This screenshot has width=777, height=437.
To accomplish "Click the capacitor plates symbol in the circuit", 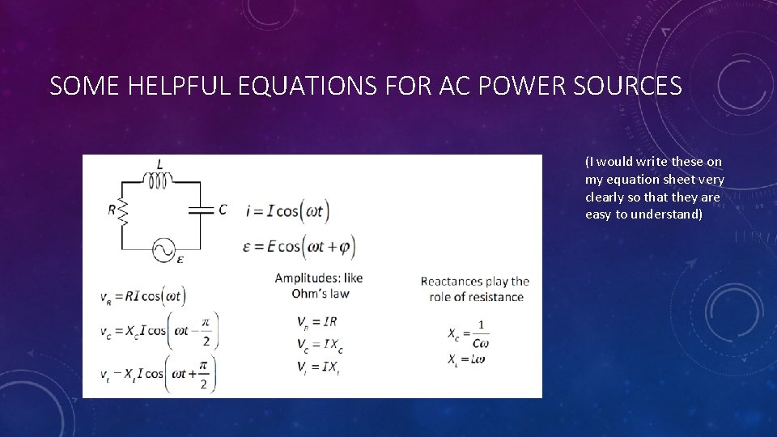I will click(199, 210).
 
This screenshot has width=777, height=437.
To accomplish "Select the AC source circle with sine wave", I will click(163, 249).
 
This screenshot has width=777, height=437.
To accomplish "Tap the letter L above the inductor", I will click(159, 163).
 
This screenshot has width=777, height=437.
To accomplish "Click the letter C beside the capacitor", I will click(223, 210).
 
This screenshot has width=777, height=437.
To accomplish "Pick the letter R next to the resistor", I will click(112, 210).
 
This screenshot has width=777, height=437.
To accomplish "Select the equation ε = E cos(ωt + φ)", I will click(299, 246).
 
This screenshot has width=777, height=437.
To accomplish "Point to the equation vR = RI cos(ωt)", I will click(142, 297).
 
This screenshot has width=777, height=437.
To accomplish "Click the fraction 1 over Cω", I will click(482, 333).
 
